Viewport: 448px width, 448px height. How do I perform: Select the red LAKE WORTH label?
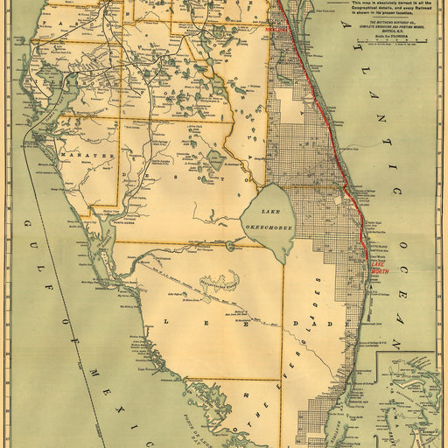(379, 266)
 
